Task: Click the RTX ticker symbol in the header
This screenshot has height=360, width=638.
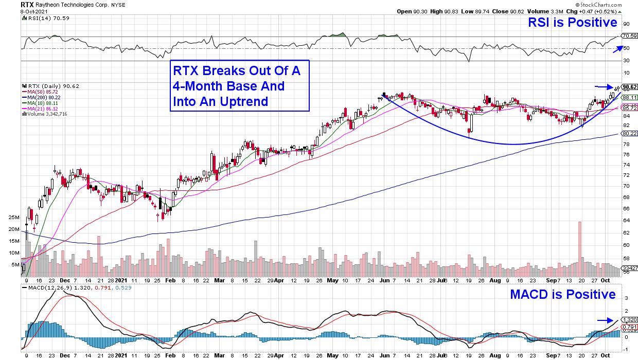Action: point(27,4)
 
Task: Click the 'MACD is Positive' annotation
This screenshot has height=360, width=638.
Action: point(562,294)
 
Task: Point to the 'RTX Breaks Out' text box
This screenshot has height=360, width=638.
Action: point(240,86)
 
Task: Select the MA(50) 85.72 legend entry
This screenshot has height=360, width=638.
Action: point(44,92)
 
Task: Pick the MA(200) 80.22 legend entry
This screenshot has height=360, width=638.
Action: point(45,98)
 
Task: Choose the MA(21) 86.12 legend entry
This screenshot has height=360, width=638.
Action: point(44,109)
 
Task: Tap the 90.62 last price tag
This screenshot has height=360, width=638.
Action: point(630,87)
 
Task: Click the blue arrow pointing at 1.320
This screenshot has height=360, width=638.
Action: point(605,320)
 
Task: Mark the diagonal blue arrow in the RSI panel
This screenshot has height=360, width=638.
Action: point(614,48)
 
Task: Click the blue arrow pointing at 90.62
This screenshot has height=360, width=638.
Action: point(605,86)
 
